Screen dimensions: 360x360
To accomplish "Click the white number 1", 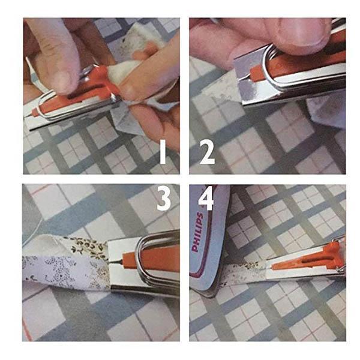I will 163,154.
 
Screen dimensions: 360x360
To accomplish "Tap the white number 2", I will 207,154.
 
